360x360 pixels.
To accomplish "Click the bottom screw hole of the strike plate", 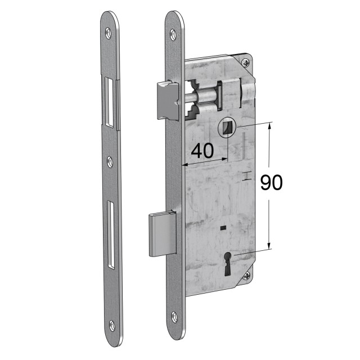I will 112,325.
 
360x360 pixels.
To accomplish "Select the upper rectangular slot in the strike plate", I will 109,101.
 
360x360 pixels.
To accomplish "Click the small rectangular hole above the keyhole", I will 224,228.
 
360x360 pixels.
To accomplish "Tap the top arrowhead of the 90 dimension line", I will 270,125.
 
